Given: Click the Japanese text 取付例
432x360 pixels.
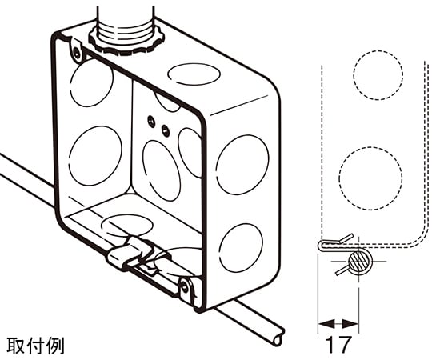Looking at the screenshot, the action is (35, 346).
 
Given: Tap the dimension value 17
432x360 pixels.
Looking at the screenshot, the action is (338, 345).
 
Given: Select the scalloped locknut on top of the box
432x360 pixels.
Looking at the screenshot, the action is (126, 41).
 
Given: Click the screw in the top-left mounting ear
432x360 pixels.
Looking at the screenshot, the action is (77, 52).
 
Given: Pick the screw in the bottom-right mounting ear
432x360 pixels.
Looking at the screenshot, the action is (185, 287).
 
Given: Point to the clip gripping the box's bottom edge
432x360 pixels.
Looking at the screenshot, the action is (132, 254).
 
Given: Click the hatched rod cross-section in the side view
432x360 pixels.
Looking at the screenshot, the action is (358, 261).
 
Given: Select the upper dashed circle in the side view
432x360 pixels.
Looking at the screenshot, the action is (378, 75).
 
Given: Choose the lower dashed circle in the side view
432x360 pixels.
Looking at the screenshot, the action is (370, 178).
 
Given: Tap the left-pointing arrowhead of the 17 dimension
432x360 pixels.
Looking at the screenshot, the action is (326, 324).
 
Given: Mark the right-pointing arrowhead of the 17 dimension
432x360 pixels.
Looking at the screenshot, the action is (350, 324).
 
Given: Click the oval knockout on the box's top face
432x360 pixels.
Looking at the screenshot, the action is (194, 74).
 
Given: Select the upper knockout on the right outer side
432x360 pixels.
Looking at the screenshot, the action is (242, 165).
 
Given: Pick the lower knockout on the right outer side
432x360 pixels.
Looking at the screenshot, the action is (241, 248).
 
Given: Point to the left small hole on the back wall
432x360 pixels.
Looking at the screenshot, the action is (150, 120).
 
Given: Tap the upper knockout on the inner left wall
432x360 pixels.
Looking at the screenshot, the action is (91, 82).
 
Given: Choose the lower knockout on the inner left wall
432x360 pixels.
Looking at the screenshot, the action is (95, 156).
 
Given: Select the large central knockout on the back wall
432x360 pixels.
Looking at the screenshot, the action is (162, 170).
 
